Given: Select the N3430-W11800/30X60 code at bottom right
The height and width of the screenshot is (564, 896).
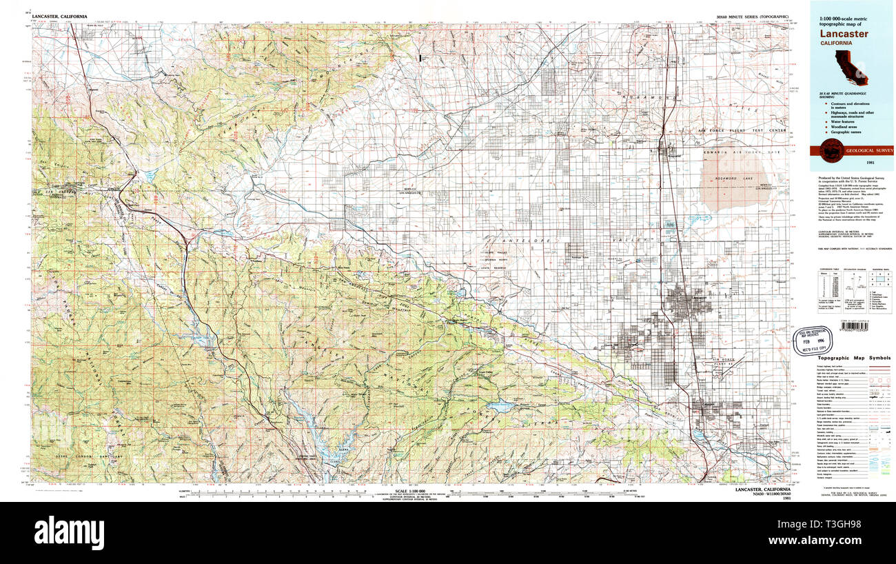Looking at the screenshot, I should click(x=759, y=494).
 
